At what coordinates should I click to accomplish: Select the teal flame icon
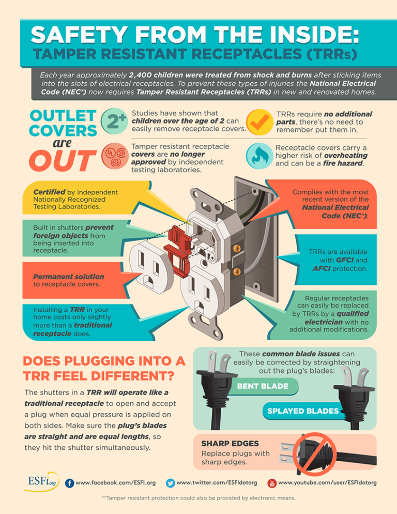click(257, 154)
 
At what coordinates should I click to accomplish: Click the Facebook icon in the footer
click(69, 483)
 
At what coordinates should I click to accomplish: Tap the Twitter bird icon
click(170, 483)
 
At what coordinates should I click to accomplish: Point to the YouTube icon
click(272, 483)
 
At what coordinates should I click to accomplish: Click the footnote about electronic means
click(198, 498)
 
